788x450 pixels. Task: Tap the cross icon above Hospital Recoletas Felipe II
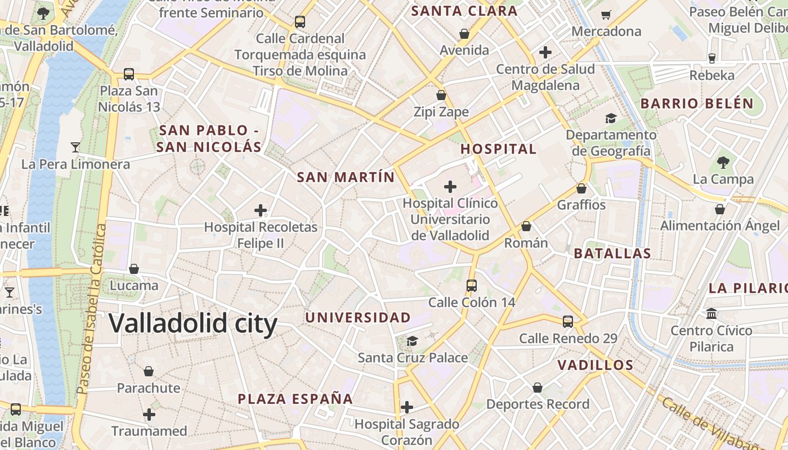click(x=260, y=211)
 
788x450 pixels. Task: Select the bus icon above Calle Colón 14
click(x=472, y=286)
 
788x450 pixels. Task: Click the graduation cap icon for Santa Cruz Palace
click(x=413, y=341)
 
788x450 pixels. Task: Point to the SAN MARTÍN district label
click(x=346, y=177)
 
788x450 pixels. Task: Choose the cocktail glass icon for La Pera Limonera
click(x=75, y=147)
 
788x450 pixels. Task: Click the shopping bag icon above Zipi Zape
click(x=441, y=95)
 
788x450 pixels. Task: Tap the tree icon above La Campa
click(x=723, y=163)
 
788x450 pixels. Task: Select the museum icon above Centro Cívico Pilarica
click(x=711, y=313)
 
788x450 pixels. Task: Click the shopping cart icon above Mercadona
click(x=606, y=15)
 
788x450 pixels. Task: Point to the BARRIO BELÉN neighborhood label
click(x=697, y=103)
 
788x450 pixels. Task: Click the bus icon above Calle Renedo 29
click(x=568, y=322)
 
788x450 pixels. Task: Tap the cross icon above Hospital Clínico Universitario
click(x=450, y=186)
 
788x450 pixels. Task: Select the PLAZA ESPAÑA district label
click(x=295, y=399)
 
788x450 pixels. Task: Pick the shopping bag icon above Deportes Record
click(x=538, y=388)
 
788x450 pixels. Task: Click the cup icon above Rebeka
click(x=712, y=58)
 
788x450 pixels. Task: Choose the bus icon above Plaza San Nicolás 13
click(x=129, y=74)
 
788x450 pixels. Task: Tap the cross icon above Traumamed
click(x=149, y=415)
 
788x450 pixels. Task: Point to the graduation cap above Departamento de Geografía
click(x=611, y=118)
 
